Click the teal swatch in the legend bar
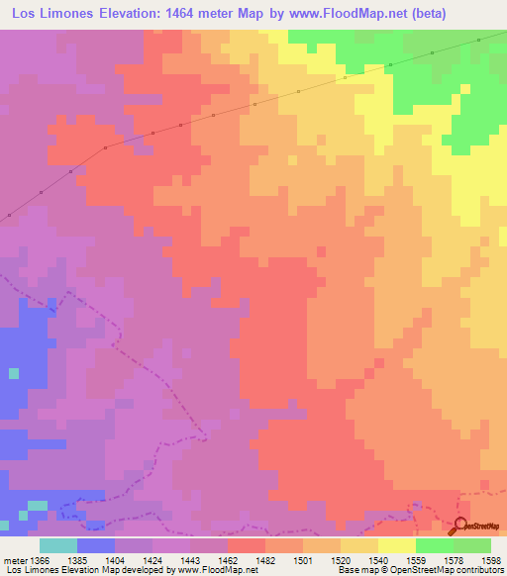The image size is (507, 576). point(58,544)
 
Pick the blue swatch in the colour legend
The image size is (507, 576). point(96,544)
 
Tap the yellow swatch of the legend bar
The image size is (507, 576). point(396,544)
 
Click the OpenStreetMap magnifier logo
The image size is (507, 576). point(462,526)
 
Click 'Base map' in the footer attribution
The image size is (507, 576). point(353,570)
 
